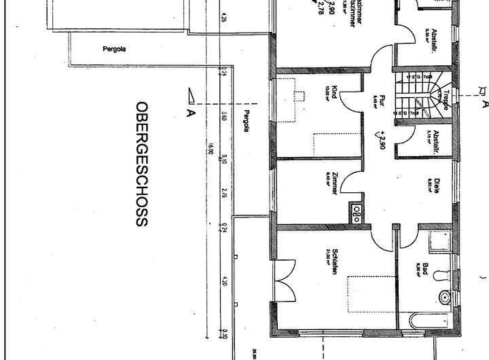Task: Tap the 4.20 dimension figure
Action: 224,280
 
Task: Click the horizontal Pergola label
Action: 115,49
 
